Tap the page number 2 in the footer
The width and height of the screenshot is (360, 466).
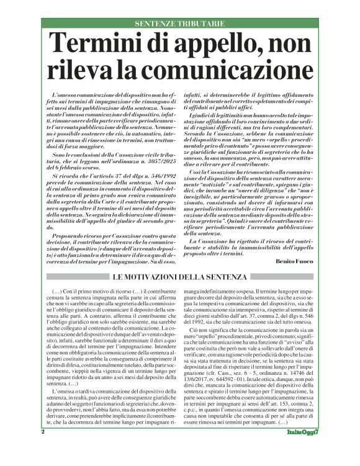(43, 448)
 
